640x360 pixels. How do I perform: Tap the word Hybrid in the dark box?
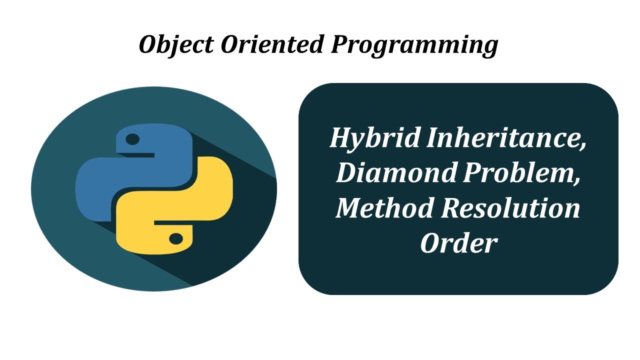coord(373,138)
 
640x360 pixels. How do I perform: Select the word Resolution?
coord(509,207)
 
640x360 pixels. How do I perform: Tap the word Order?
coord(458,243)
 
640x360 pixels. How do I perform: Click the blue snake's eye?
coord(132,139)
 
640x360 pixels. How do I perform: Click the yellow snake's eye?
coord(175,239)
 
